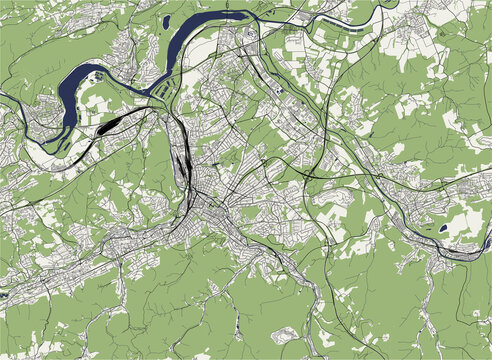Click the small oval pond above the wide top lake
pyautogui.click(x=165, y=19)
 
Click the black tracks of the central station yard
pyautogui.click(x=183, y=160)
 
